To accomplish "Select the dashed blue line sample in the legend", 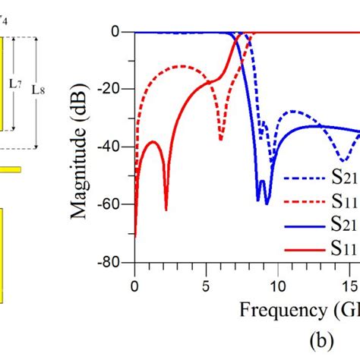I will [x=304, y=179].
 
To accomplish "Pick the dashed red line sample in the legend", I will [x=304, y=202].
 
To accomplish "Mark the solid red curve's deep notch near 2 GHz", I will [x=166, y=209].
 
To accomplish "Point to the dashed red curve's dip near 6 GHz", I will [x=221, y=138].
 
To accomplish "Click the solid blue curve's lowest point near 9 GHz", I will [x=267, y=203].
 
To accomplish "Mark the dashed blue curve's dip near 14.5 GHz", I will [x=344, y=160].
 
